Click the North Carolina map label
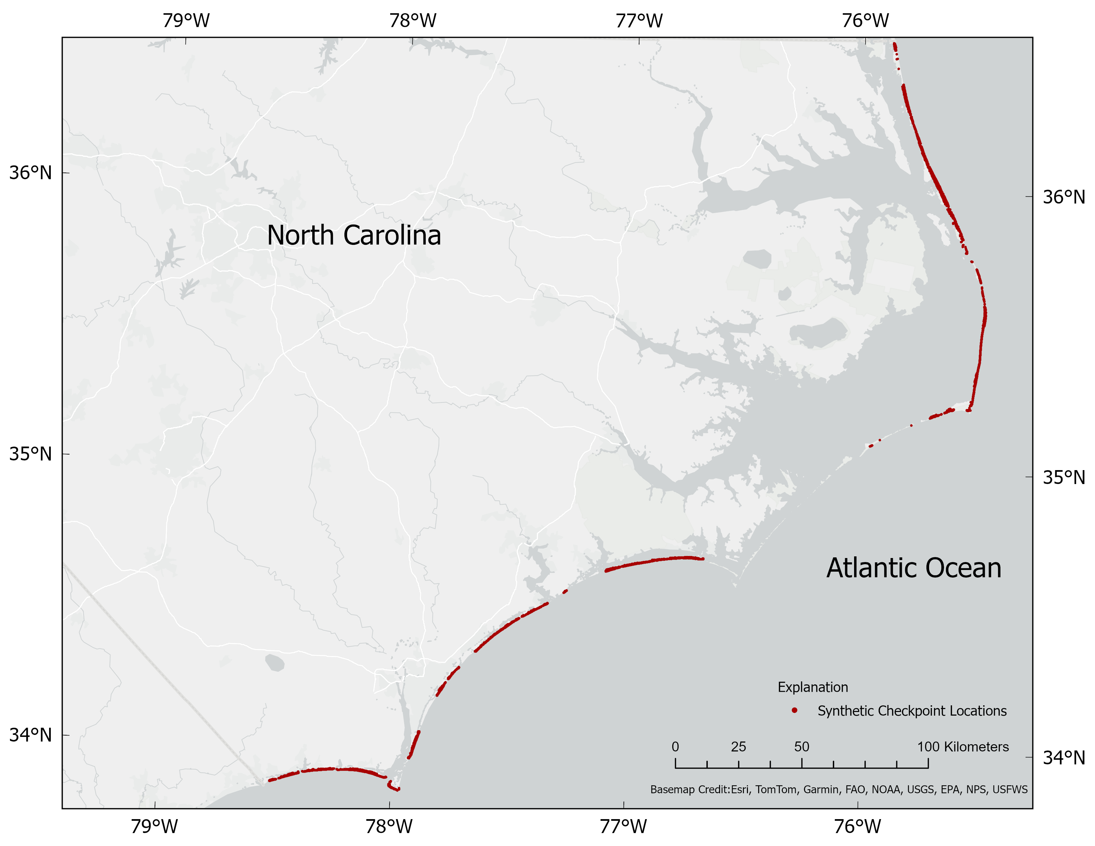tap(354, 235)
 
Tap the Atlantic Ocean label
tap(913, 568)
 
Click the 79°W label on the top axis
tap(186, 21)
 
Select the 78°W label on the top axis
tap(413, 21)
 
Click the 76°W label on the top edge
tap(865, 21)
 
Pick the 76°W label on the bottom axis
tap(857, 826)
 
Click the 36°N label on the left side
tap(31, 173)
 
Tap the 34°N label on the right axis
tap(1064, 757)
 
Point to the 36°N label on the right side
tap(1064, 197)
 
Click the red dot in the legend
tap(795, 710)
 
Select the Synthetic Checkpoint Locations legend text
tap(912, 711)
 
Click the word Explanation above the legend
tap(813, 687)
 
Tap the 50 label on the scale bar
tap(801, 747)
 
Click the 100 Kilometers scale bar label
tap(963, 747)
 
